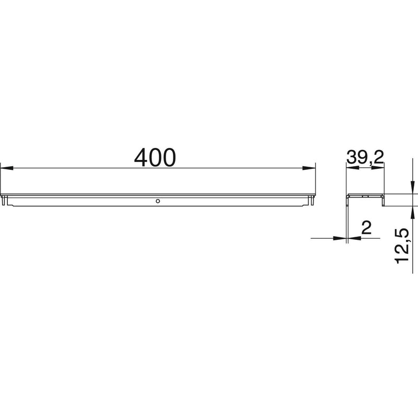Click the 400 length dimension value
point(155,157)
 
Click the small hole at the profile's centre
point(158,200)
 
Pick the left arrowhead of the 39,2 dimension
point(351,168)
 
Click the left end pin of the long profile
point(5,201)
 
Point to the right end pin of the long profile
point(312,201)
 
